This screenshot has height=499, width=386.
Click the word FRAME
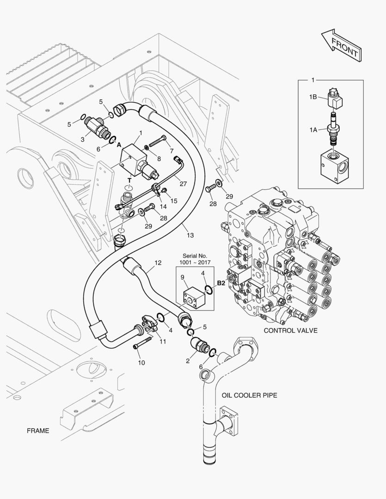point(38,431)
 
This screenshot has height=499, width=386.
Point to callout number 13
point(190,236)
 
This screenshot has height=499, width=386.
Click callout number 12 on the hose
point(158,263)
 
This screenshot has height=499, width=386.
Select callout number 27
point(183,183)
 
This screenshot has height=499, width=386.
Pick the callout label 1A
point(313,130)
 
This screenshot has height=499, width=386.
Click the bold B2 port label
point(221,283)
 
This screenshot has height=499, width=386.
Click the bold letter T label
point(130,180)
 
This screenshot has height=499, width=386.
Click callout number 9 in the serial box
point(183,277)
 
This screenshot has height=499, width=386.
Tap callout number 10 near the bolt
point(141,363)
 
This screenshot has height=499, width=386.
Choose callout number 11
point(162,341)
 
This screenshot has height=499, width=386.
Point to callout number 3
point(82,139)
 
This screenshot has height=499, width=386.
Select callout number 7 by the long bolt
point(171,151)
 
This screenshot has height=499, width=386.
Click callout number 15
point(174,201)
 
